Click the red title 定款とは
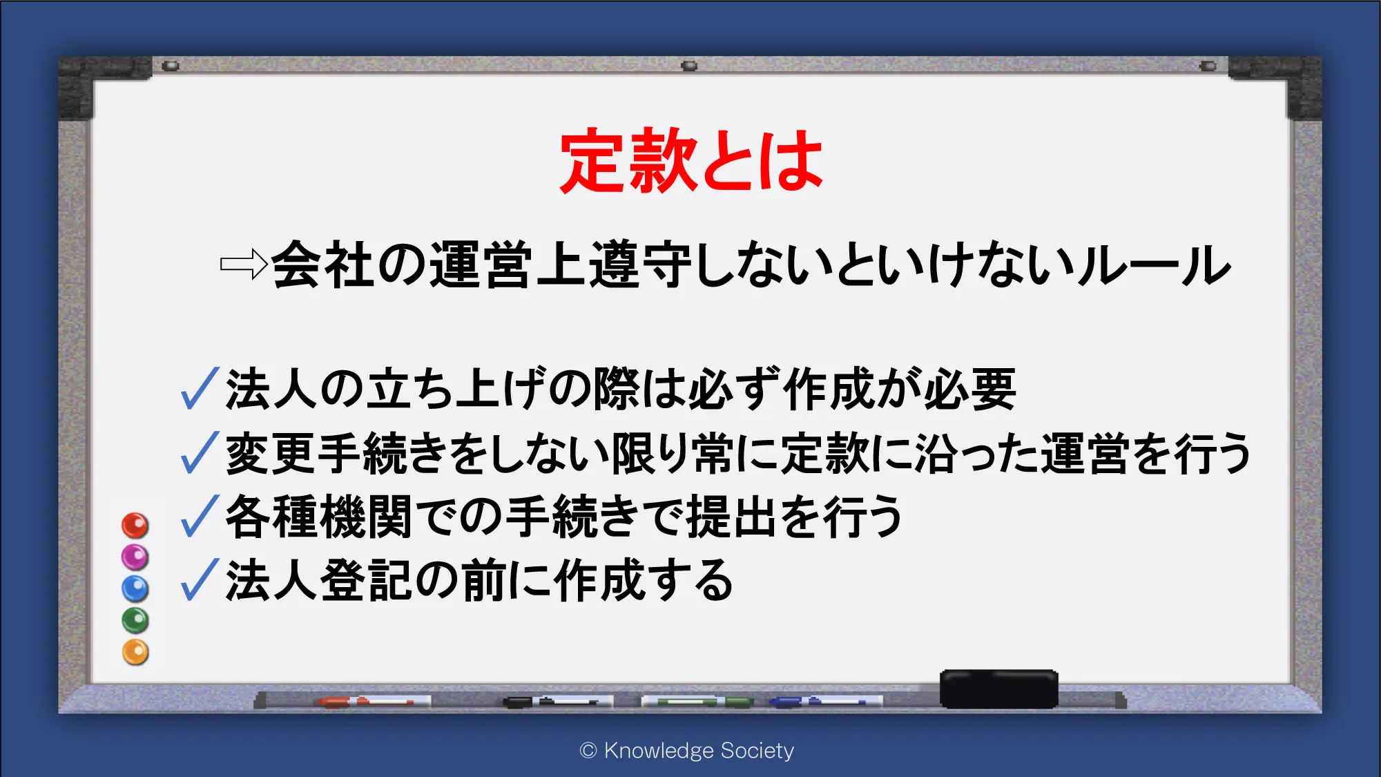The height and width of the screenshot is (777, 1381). [691, 160]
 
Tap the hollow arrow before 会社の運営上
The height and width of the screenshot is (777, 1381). [244, 264]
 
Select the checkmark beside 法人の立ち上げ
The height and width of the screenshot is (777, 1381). [200, 388]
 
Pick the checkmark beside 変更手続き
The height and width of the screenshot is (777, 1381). [200, 452]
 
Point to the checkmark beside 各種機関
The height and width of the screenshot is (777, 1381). [200, 516]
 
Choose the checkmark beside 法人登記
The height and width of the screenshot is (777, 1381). [200, 579]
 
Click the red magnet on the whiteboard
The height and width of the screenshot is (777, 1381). [135, 526]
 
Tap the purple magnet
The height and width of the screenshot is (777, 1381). [135, 557]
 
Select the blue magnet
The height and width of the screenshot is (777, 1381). [135, 589]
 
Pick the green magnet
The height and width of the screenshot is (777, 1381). [135, 620]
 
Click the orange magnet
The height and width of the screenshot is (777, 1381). [135, 652]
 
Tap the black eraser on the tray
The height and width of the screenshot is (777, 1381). [998, 689]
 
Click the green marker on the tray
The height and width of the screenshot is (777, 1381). [697, 702]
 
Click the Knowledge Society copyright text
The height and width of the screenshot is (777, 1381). [687, 751]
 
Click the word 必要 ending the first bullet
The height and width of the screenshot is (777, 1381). [970, 389]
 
